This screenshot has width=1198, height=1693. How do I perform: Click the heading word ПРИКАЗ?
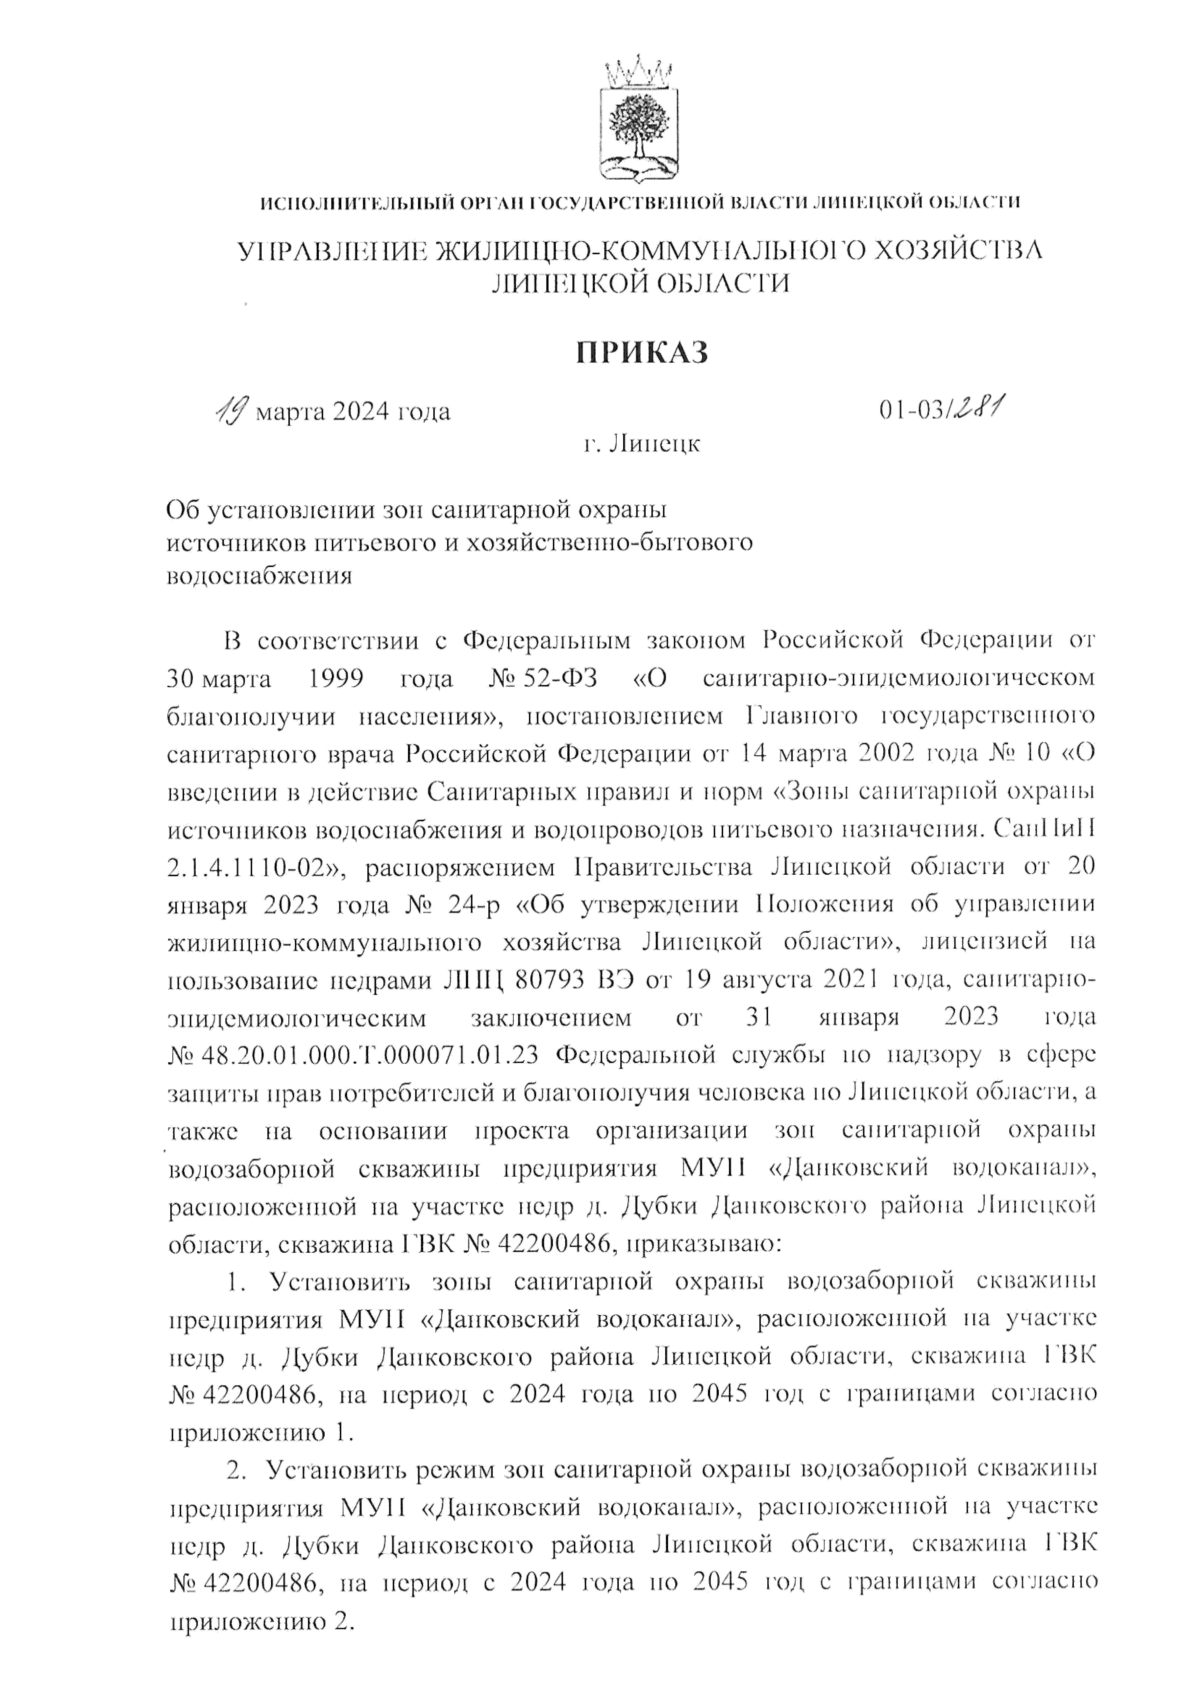[x=642, y=352]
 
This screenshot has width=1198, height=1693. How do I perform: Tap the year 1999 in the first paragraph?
[x=336, y=678]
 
